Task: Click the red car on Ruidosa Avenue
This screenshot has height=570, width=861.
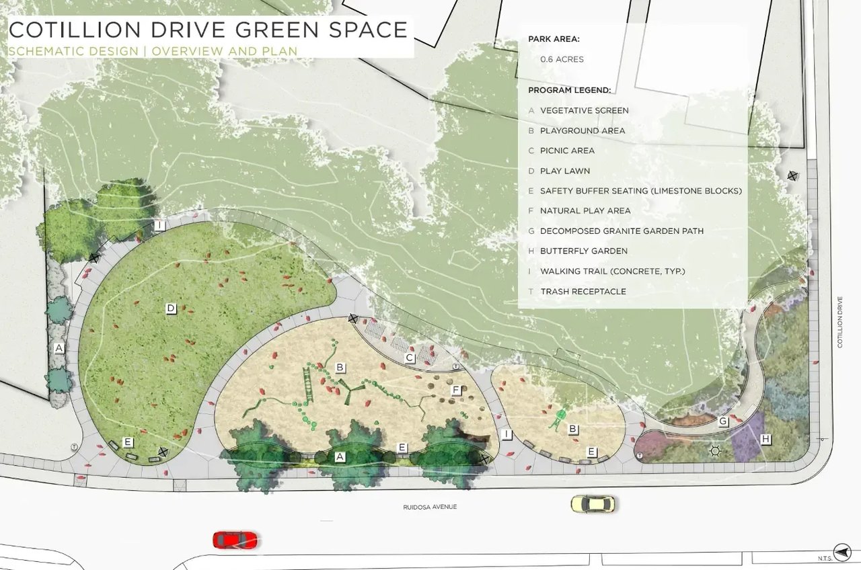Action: pyautogui.click(x=235, y=540)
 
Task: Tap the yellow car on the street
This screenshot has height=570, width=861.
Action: pyautogui.click(x=593, y=503)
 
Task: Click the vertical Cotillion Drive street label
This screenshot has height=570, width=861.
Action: pyautogui.click(x=840, y=323)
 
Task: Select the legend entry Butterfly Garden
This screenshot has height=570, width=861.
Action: pyautogui.click(x=583, y=251)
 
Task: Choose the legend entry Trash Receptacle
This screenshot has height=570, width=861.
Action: pyautogui.click(x=583, y=292)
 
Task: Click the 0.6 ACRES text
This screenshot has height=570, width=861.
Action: pyautogui.click(x=562, y=59)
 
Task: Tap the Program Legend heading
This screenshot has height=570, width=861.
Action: pyautogui.click(x=569, y=90)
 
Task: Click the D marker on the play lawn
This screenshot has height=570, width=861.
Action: pyautogui.click(x=171, y=309)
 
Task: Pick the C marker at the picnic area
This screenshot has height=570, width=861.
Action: pyautogui.click(x=409, y=358)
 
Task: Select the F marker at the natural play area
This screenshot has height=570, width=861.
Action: pyautogui.click(x=456, y=389)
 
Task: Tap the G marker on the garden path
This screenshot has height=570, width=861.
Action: pyautogui.click(x=723, y=421)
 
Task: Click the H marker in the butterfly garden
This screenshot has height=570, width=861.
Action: pyautogui.click(x=765, y=439)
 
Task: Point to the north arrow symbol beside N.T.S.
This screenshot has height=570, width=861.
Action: pyautogui.click(x=841, y=550)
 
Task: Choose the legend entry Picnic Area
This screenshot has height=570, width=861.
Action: pyautogui.click(x=567, y=151)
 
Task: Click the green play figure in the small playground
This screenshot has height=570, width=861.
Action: pyautogui.click(x=557, y=419)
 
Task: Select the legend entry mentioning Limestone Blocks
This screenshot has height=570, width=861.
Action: pyautogui.click(x=640, y=191)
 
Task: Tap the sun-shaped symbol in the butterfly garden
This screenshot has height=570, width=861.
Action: pyautogui.click(x=715, y=451)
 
